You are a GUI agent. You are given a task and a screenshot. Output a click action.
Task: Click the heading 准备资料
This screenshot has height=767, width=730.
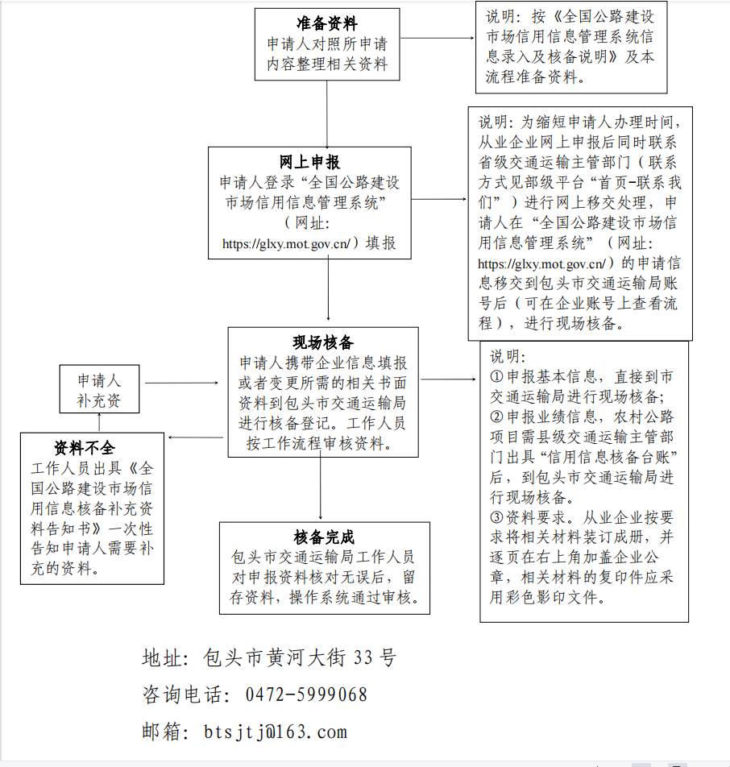326,24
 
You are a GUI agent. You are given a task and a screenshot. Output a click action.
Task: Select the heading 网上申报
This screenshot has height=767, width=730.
309,164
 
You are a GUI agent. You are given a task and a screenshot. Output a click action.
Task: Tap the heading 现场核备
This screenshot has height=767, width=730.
322,343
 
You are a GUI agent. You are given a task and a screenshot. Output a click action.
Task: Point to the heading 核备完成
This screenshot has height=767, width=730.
324,537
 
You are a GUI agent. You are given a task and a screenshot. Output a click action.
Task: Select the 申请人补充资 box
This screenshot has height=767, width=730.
98,390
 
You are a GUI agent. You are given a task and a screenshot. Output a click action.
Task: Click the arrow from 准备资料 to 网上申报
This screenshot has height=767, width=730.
327,113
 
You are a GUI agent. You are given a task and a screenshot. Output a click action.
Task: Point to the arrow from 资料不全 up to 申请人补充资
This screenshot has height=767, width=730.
98,424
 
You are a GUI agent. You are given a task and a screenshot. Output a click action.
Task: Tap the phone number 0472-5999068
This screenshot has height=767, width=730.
305,694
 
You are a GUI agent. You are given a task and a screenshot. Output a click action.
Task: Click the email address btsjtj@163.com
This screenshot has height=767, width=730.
276,732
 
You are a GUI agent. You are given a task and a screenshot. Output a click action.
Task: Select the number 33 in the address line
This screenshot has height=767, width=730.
363,657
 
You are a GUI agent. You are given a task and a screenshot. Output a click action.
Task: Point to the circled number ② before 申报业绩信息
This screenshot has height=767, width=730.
497,417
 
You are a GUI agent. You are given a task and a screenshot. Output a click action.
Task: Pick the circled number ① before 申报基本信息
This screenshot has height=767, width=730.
497,376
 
